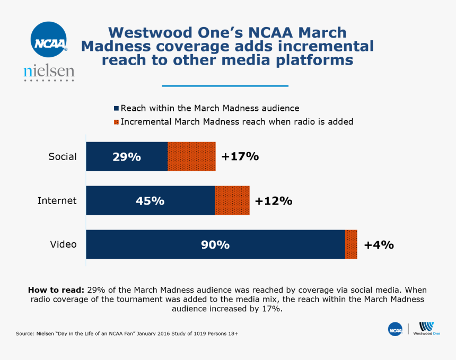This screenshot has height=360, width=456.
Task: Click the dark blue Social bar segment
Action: tap(127, 156)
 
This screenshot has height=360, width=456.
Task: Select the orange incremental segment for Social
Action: tap(191, 156)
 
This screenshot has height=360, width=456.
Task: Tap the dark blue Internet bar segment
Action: tap(150, 200)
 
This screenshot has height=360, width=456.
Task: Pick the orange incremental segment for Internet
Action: tap(232, 200)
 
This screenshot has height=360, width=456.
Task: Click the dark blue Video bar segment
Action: tap(215, 244)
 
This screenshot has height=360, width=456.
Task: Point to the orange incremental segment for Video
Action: tap(351, 244)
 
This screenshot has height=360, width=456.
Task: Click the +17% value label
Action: tap(240, 156)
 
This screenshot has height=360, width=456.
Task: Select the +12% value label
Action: tap(273, 201)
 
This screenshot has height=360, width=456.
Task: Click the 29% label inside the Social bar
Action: tap(126, 157)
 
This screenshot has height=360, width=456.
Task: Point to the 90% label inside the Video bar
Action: tap(215, 245)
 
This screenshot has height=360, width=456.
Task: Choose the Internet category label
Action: tap(57, 200)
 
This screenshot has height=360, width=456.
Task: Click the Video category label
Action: tap(63, 244)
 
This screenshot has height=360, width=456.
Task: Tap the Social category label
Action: tap(63, 156)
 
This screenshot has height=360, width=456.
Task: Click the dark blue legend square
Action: tap(117, 108)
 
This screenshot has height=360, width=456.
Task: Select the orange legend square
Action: tap(117, 122)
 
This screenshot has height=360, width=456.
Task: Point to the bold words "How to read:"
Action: tap(56, 290)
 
